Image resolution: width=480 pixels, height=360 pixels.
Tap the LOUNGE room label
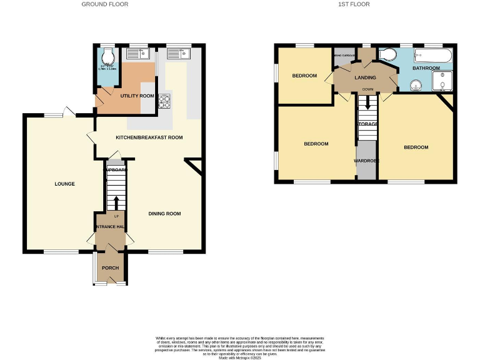click(x=64, y=184)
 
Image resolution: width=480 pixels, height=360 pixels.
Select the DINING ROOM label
click(x=164, y=214)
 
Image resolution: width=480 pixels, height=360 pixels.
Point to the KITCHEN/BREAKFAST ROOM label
click(x=149, y=137)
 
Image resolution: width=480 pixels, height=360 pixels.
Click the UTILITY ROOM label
click(x=137, y=96)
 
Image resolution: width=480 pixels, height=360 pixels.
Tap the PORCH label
click(x=110, y=267)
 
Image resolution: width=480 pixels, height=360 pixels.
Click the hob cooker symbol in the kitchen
click(x=165, y=100)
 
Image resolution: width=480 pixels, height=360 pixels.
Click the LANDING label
click(x=366, y=77)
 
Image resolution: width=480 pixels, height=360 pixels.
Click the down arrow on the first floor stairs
click(x=367, y=102)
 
